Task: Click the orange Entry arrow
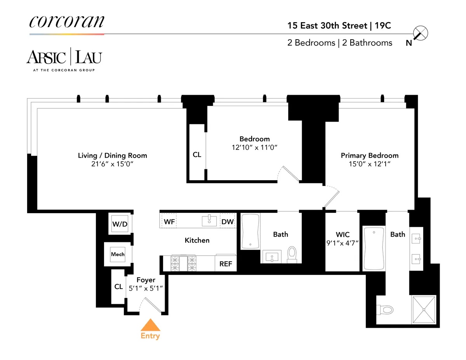coord(150,325)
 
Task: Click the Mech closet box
coord(118,254)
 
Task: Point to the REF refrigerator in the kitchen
coord(226,264)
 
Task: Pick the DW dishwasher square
coord(228,221)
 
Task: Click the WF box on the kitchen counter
coord(169,221)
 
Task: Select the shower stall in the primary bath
coord(424,310)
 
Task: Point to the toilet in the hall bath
coord(292,254)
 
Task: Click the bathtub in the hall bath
coord(250,231)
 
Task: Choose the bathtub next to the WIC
coord(373,249)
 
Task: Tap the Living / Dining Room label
coord(113,156)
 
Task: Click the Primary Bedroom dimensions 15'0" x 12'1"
coord(369,164)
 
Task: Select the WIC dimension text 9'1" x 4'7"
coord(343,243)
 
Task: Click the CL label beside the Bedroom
coord(197,155)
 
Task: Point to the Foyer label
coord(146,280)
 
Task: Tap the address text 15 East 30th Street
coord(327,26)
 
